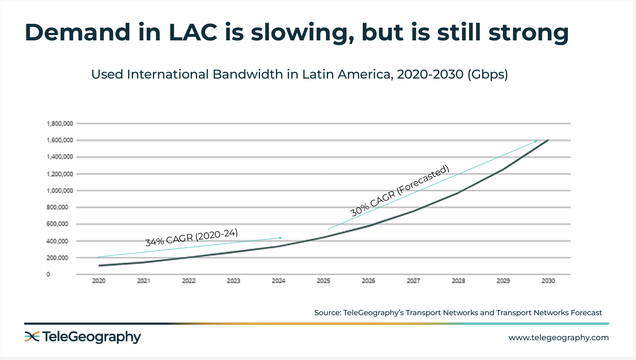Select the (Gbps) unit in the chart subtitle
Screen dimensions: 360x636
point(488,74)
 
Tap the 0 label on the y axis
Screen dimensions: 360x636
point(48,274)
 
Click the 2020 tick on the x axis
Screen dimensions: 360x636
point(99,281)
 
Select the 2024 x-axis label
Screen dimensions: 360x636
point(278,281)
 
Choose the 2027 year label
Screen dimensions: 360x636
point(413,281)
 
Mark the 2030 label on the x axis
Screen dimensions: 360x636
point(548,281)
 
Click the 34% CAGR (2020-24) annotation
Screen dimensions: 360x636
point(194,238)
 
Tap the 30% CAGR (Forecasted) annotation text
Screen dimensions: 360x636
point(400,190)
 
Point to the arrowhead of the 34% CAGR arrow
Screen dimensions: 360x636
point(281,238)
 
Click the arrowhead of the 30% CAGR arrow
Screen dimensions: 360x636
point(536,141)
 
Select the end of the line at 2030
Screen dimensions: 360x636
point(548,140)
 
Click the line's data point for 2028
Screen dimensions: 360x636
point(458,193)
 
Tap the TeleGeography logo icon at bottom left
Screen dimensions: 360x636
point(32,337)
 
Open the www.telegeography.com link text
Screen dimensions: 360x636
point(559,338)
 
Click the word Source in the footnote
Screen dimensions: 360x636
point(326,313)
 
